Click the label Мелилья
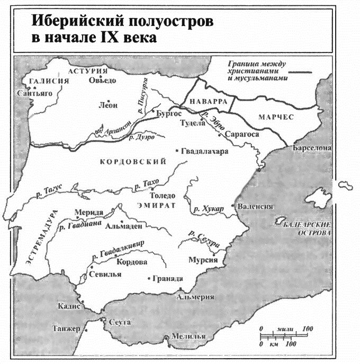[x=186, y=338]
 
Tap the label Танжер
[x=66, y=329]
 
